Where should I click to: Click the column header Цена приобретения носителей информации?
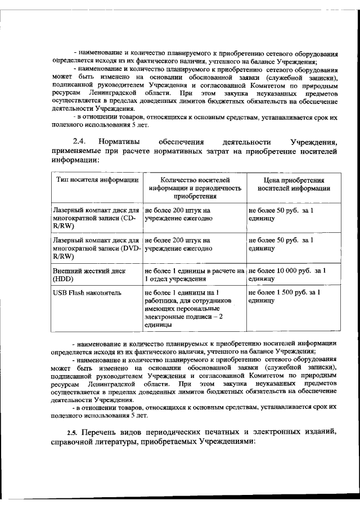pyautogui.click(x=292, y=184)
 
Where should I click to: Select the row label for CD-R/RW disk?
pyautogui.click(x=95, y=217)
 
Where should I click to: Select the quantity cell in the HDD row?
pyautogui.click(x=195, y=274)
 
